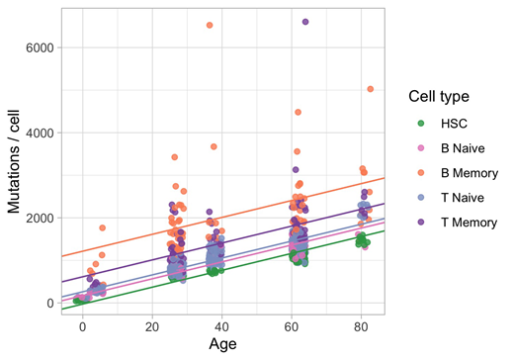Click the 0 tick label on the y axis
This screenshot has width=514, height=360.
pyautogui.click(x=48, y=303)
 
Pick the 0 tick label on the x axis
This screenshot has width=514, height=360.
pyautogui.click(x=82, y=325)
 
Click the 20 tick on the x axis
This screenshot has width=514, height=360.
pyautogui.click(x=152, y=325)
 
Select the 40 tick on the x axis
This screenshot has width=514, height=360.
pyautogui.click(x=222, y=325)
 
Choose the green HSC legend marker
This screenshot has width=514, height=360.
pyautogui.click(x=420, y=124)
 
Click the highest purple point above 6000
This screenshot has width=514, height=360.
pyautogui.click(x=305, y=22)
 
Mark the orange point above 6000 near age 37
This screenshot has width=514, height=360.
pyautogui.click(x=210, y=26)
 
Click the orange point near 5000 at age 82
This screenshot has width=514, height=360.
pyautogui.click(x=371, y=89)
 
